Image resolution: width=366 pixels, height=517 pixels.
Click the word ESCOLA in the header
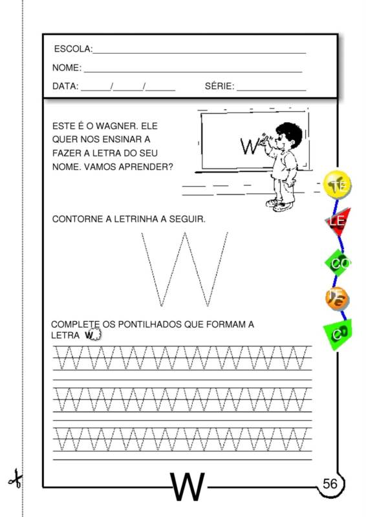coord(72,49)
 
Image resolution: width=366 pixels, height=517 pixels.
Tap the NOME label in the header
coord(67,68)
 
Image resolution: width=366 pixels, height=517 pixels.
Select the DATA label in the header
coord(65,86)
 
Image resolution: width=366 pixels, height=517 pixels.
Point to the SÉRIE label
coord(219,86)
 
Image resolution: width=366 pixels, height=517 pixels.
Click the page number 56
coord(330,484)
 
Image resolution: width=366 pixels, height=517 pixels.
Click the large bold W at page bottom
coord(188,488)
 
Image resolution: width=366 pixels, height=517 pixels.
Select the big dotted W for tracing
coord(185,269)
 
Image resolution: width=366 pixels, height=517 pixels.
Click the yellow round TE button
coord(337,185)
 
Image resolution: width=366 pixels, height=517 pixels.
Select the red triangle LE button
coord(337,222)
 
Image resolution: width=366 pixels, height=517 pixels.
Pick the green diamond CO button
coord(338,262)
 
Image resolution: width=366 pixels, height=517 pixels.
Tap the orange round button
coord(337,298)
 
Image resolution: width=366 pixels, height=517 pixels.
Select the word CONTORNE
coord(76,220)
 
